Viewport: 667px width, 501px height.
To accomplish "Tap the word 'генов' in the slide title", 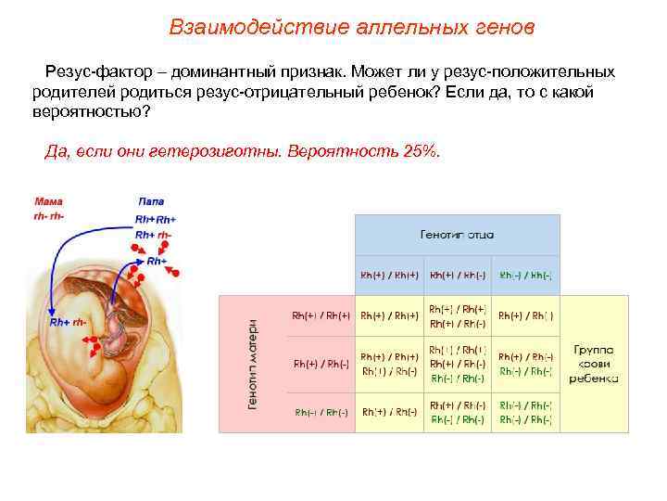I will pyautogui.click(x=502, y=27).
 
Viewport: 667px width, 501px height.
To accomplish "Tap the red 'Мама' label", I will pyautogui.click(x=48, y=201).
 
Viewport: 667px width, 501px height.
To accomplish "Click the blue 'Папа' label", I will pyautogui.click(x=151, y=201).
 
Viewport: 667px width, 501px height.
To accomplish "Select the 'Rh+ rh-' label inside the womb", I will pyautogui.click(x=68, y=322).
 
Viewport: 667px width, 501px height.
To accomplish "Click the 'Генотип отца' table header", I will pyautogui.click(x=458, y=235).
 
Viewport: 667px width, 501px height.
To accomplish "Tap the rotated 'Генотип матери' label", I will pyautogui.click(x=251, y=365).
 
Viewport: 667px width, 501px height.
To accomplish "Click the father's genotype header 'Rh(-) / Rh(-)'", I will pyautogui.click(x=525, y=275).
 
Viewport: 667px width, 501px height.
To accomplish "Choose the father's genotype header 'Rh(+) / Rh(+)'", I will pyautogui.click(x=390, y=275).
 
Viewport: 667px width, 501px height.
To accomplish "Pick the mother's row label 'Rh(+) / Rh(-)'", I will pyautogui.click(x=321, y=364).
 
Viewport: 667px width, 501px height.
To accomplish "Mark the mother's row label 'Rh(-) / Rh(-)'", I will pyautogui.click(x=321, y=412).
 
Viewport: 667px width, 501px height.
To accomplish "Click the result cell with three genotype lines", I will pyautogui.click(x=458, y=364).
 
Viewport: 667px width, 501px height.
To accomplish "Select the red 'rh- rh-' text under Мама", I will pyautogui.click(x=48, y=215).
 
